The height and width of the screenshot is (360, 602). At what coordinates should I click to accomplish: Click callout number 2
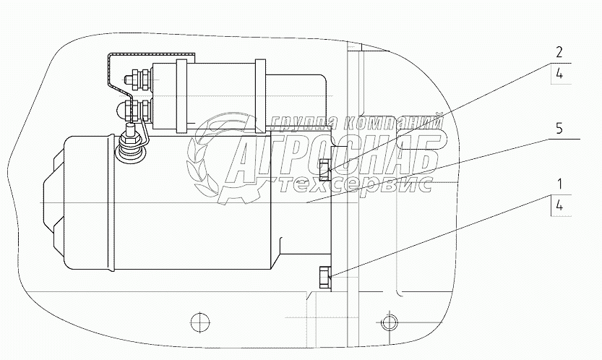point(559,52)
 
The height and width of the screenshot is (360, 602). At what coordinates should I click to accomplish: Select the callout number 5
point(559,129)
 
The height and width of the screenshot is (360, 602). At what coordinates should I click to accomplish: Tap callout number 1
point(560,184)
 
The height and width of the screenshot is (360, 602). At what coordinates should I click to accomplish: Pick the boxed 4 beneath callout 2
point(559,74)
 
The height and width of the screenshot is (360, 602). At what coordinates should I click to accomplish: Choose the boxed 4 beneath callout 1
point(559,206)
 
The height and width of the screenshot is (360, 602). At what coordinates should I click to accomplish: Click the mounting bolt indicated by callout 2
point(324,169)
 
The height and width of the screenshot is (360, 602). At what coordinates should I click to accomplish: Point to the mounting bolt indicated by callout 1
point(324,278)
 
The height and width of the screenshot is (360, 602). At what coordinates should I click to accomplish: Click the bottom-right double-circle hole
point(389,322)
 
